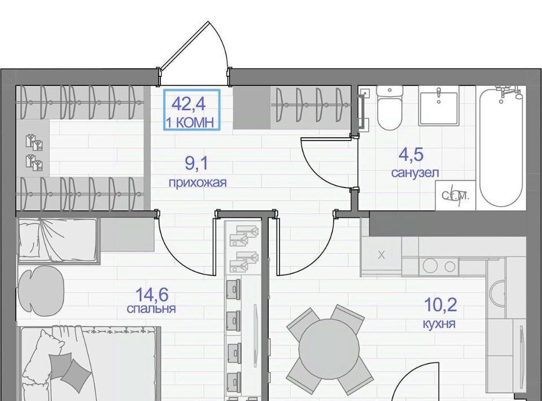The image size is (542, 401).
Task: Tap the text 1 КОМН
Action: (x=191, y=122)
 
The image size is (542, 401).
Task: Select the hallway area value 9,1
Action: (x=196, y=164)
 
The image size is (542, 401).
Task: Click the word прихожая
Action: (x=198, y=182)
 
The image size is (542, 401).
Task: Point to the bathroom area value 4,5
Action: (x=411, y=155)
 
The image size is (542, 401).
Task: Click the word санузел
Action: (x=415, y=172)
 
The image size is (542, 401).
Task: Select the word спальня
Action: (x=151, y=308)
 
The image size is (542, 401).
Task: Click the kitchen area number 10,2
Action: (x=440, y=305)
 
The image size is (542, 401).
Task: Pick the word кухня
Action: (x=439, y=324)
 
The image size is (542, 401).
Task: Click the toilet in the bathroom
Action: (x=390, y=107)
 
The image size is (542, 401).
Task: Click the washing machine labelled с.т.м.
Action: (x=456, y=195)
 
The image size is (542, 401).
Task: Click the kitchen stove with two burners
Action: (x=438, y=266)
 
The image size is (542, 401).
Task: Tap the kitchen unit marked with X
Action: (x=381, y=255)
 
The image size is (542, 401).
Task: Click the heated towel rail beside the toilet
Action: (x=362, y=111)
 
